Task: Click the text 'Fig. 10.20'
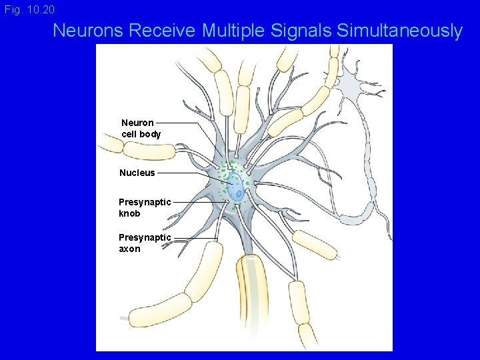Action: point(29,10)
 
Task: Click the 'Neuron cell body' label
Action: point(141,128)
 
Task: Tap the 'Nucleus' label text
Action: point(137,173)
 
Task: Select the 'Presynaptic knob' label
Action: point(144,207)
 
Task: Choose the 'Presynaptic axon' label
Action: point(144,243)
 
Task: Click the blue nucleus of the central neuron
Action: point(236,189)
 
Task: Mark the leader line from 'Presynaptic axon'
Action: point(193,238)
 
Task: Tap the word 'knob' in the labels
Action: point(129,213)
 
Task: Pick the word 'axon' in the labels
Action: point(129,249)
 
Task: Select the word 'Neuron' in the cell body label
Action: point(137,123)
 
